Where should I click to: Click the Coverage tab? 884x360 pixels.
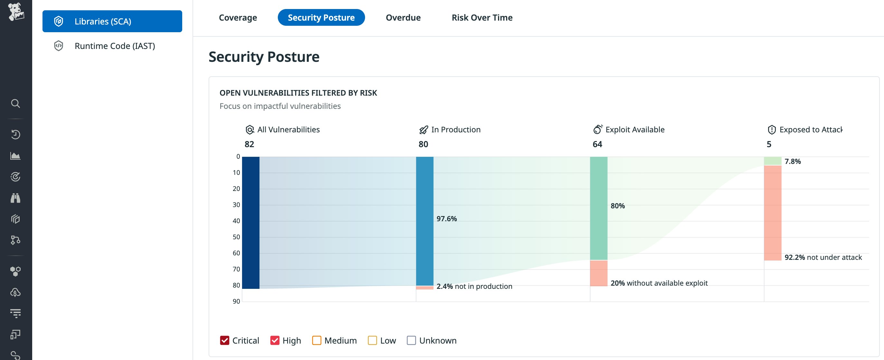(x=238, y=17)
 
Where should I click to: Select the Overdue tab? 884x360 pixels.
(x=403, y=17)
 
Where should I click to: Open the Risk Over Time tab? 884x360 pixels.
(x=482, y=17)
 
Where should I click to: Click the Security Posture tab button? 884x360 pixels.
(x=321, y=17)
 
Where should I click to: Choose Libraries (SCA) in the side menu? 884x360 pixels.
(x=112, y=21)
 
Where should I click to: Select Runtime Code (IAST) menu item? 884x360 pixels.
(x=114, y=46)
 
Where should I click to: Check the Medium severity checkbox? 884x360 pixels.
(x=316, y=340)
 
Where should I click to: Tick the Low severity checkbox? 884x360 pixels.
(x=372, y=340)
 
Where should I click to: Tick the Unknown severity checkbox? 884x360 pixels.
(x=411, y=340)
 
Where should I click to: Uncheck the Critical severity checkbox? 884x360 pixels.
(x=224, y=340)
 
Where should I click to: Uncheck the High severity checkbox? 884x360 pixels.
(x=275, y=340)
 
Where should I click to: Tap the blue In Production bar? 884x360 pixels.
(x=425, y=221)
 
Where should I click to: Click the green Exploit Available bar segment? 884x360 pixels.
(x=598, y=208)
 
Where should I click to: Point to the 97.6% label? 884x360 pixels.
(x=447, y=219)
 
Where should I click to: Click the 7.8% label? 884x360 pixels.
(x=792, y=161)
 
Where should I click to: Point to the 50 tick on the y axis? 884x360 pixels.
(x=236, y=237)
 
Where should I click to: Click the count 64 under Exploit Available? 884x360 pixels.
(x=597, y=144)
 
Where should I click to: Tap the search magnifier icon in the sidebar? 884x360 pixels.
(x=15, y=103)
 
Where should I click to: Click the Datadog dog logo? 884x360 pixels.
(x=16, y=11)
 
